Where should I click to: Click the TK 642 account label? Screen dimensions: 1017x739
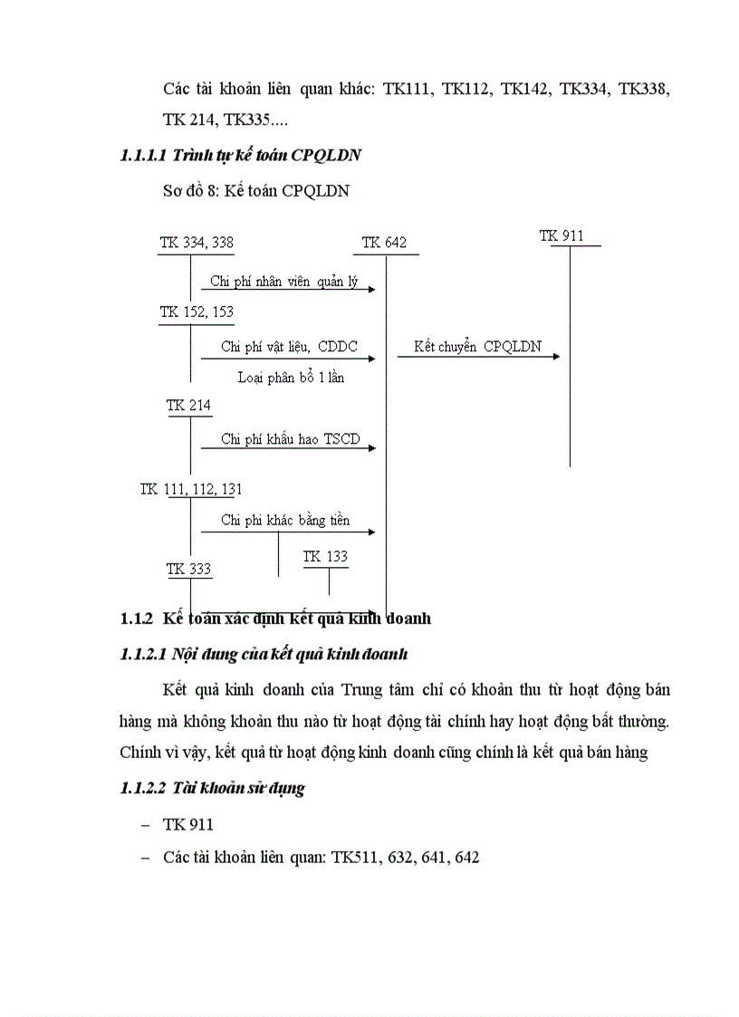point(384,243)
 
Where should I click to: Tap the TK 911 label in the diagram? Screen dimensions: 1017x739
point(561,236)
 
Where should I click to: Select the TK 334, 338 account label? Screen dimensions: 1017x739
point(197,243)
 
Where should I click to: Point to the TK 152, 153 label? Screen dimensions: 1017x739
point(197,312)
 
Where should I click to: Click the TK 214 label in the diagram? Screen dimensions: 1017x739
point(188,406)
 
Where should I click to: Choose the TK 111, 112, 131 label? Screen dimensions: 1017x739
point(190,489)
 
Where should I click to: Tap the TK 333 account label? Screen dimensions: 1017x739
point(188,570)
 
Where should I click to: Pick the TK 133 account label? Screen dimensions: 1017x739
point(325,557)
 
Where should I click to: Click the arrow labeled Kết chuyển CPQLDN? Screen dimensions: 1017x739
point(478,356)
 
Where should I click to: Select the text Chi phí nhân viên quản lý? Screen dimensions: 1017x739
point(284,282)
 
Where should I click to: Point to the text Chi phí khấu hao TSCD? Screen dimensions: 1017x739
point(290,440)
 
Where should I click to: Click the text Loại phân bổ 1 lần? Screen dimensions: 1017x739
point(291,377)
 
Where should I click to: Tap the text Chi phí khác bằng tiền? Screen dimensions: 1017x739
point(285,521)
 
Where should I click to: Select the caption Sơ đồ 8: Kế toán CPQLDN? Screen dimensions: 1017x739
point(256,191)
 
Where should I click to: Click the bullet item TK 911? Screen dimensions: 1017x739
point(188,825)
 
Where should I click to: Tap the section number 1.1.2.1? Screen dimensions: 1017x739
point(143,655)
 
